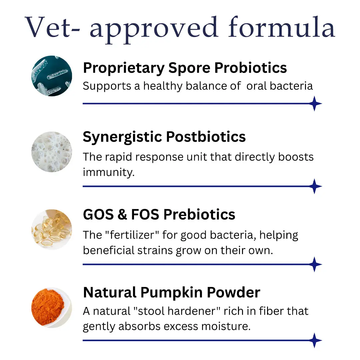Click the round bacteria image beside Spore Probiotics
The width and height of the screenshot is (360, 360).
[52, 76]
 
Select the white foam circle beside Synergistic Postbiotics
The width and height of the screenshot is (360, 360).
[52, 152]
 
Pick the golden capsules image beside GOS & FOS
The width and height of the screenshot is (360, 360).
[52, 229]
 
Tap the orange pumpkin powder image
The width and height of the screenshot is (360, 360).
[52, 307]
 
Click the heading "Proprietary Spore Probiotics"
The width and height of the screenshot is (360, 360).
[185, 68]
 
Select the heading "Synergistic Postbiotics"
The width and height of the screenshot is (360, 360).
[164, 137]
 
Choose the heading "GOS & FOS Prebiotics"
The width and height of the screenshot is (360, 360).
[159, 214]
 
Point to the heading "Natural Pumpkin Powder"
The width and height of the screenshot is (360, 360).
[171, 292]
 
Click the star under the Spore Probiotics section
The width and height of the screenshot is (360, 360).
[314, 104]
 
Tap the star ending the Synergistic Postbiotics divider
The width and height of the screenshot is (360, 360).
[314, 186]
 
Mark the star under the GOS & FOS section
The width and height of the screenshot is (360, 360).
[314, 265]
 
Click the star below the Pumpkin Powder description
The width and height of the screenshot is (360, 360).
[314, 341]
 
